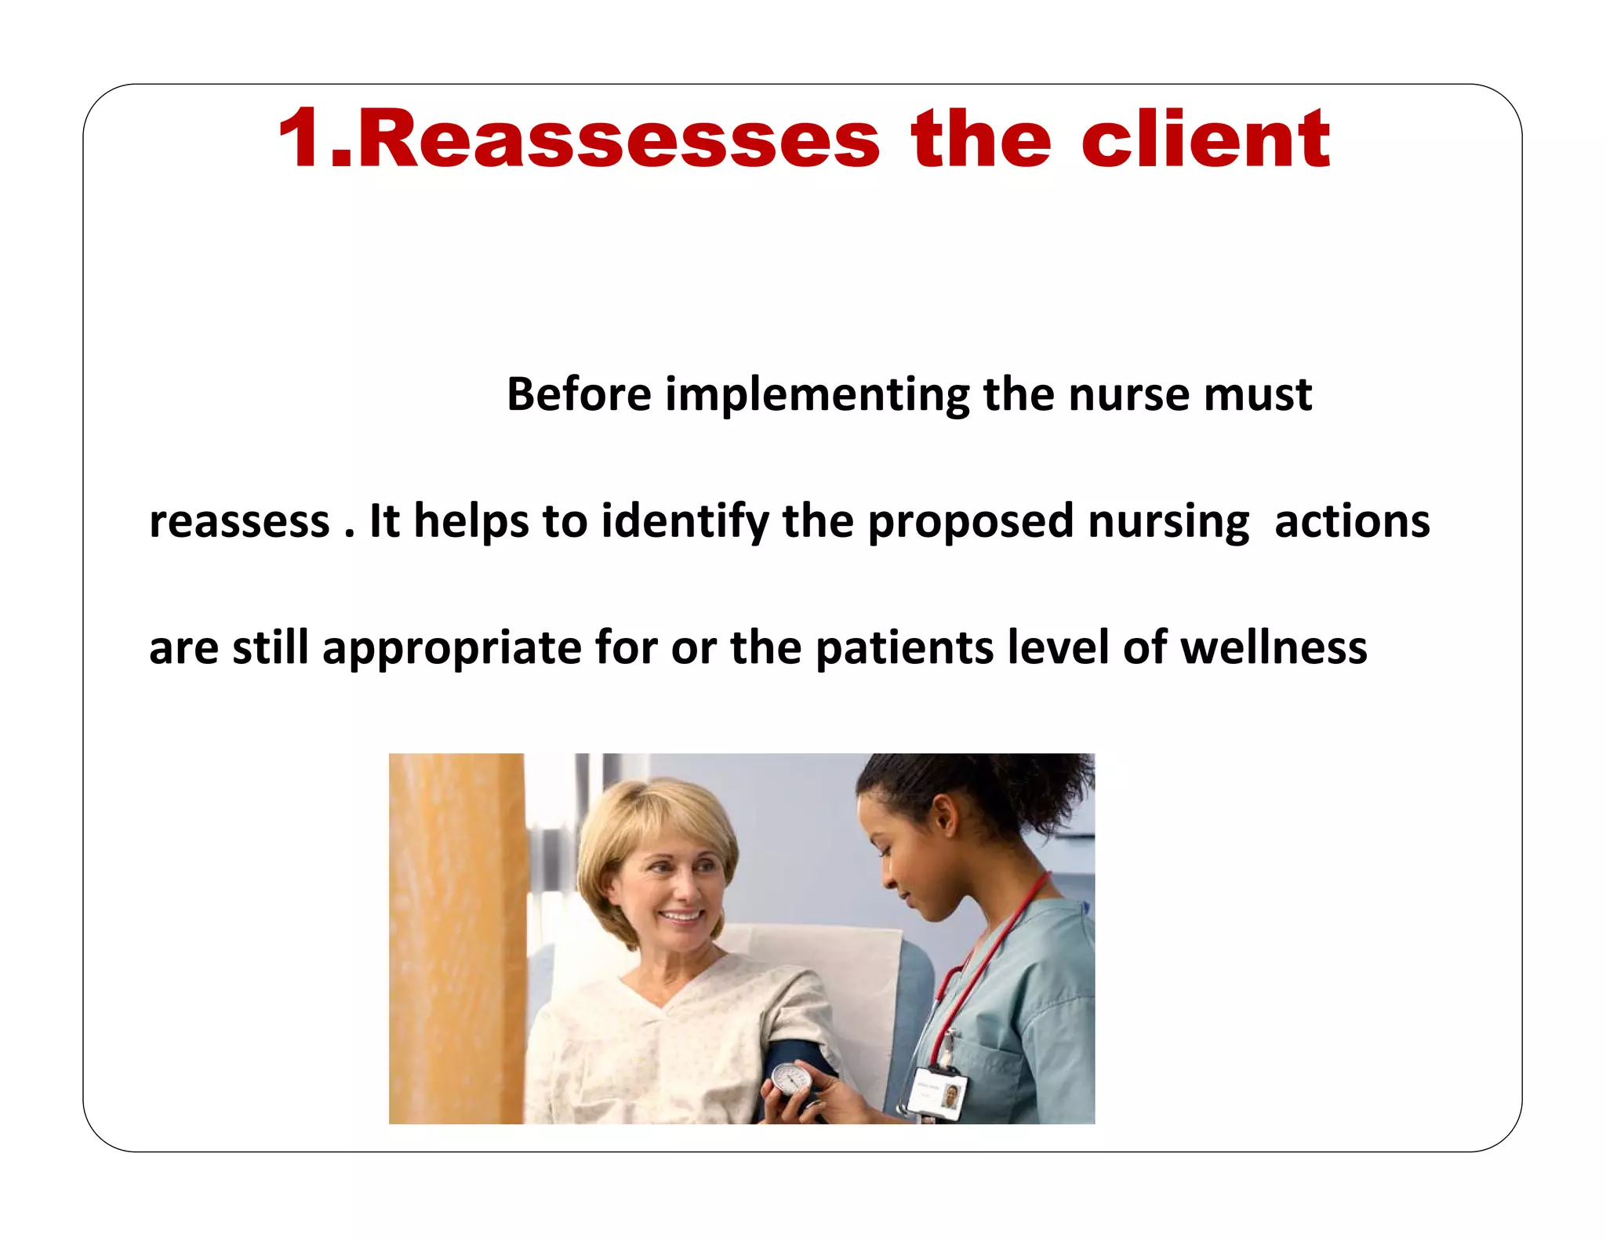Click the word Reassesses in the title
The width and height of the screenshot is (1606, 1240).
click(x=620, y=140)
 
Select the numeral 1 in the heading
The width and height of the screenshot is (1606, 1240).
click(x=301, y=140)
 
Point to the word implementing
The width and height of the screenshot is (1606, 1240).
click(x=818, y=395)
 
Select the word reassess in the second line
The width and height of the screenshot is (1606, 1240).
click(x=239, y=522)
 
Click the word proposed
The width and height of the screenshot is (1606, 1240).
click(x=970, y=522)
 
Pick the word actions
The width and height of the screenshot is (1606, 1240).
click(x=1352, y=522)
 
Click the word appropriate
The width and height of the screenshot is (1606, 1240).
click(x=452, y=649)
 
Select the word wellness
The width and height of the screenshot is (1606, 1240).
click(x=1274, y=649)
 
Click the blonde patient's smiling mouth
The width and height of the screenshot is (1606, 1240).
click(x=681, y=915)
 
